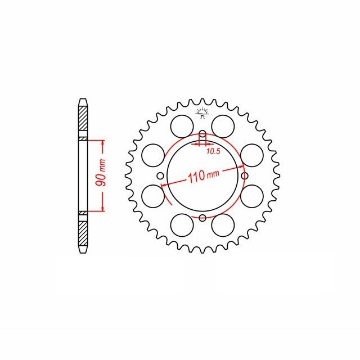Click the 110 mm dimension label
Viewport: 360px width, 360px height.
[x=204, y=175]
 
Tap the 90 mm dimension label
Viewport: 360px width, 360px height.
[x=101, y=173]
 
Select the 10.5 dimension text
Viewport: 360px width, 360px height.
[x=213, y=151]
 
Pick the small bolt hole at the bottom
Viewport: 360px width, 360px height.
[x=202, y=218]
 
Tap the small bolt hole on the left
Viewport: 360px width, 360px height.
[x=160, y=176]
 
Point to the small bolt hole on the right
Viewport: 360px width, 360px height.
[x=245, y=176]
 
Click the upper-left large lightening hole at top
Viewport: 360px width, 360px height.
[x=182, y=127]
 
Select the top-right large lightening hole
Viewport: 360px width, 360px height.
[x=223, y=127]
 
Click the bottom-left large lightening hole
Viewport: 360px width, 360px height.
[x=182, y=225]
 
